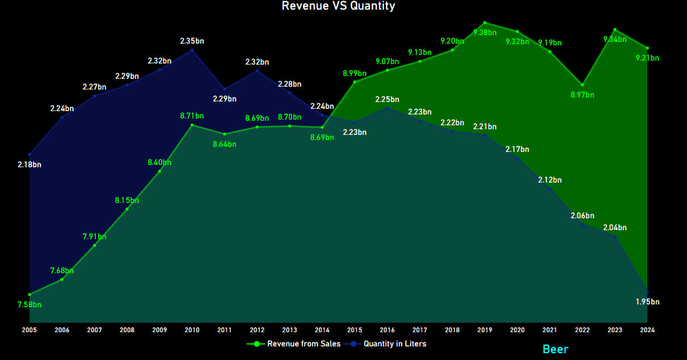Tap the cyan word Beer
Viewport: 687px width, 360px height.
(555, 349)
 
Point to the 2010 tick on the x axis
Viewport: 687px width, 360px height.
(192, 329)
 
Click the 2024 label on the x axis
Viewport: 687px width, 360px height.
(647, 329)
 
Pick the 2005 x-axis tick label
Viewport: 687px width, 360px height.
(29, 329)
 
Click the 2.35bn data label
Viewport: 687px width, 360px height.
(192, 41)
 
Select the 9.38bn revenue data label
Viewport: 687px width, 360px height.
(484, 32)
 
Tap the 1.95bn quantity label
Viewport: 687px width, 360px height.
(647, 302)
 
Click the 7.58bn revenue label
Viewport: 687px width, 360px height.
(29, 304)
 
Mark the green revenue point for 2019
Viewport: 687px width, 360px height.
(484, 23)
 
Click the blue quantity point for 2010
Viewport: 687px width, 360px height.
(192, 50)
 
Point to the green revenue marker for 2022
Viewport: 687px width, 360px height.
(582, 85)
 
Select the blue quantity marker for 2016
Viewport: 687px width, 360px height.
(387, 108)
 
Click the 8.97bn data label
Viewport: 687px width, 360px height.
(582, 95)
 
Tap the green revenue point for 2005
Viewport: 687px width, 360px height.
(29, 294)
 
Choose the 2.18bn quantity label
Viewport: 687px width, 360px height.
(29, 164)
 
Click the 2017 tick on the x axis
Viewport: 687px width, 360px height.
(420, 329)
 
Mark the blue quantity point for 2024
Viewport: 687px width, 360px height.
(647, 292)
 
